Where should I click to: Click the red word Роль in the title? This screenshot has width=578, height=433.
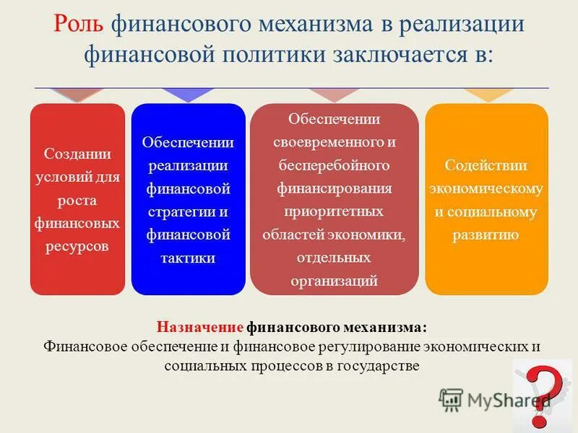[x=79, y=25]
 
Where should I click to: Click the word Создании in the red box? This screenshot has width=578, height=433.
[x=77, y=154]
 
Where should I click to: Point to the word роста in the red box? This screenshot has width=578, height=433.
[x=77, y=200]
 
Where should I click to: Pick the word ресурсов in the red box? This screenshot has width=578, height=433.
[x=77, y=246]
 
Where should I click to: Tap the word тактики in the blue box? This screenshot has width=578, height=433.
[x=189, y=258]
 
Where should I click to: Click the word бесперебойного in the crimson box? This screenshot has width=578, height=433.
[x=335, y=165]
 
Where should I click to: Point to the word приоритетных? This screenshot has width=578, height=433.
[x=335, y=211]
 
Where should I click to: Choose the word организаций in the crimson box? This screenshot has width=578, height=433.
[x=335, y=281]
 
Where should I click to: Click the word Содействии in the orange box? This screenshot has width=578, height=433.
[x=486, y=165]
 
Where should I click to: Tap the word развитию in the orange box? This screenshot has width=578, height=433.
[x=486, y=235]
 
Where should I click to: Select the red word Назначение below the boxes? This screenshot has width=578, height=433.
[x=200, y=326]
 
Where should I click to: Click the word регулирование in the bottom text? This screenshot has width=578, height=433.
[x=369, y=346]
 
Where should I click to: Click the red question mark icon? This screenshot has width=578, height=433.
[x=545, y=393]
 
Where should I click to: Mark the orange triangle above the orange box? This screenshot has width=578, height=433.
[x=486, y=95]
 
